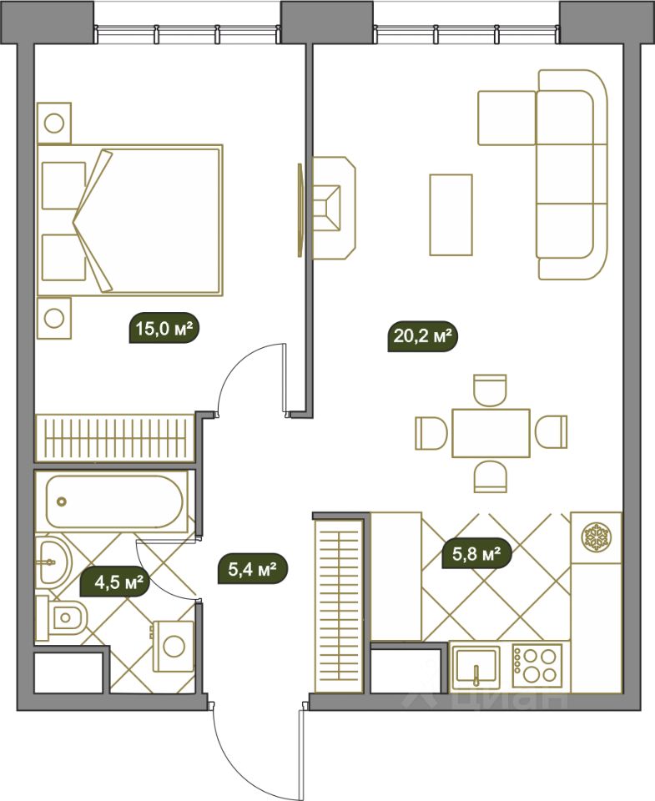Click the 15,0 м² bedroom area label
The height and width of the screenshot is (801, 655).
(164, 328)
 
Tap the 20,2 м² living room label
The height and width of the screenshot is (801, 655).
(422, 336)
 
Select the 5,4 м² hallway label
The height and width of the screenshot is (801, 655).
(253, 568)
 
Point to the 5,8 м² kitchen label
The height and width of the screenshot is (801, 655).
(476, 553)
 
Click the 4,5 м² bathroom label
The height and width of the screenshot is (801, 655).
(115, 582)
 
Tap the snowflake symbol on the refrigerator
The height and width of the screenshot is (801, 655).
(597, 537)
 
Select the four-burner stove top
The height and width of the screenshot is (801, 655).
(537, 665)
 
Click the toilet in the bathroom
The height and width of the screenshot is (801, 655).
(61, 617)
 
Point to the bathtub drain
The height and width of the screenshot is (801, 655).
(63, 501)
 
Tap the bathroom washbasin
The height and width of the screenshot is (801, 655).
(53, 562)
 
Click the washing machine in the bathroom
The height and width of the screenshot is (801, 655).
(174, 646)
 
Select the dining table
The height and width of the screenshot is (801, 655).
(491, 433)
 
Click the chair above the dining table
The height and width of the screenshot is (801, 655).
(490, 390)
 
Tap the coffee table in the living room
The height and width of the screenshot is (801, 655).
(451, 214)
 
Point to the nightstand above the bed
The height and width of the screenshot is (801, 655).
(54, 123)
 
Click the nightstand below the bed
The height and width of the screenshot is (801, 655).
(54, 318)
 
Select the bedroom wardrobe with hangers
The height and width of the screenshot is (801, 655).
(115, 439)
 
